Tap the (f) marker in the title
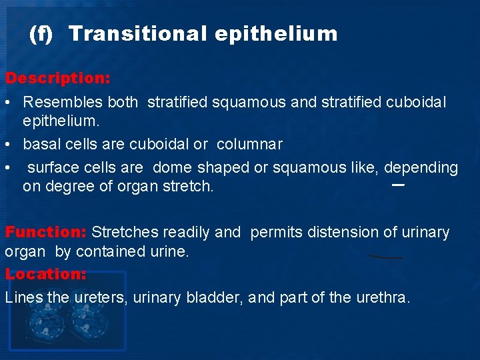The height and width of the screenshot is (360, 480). point(41,34)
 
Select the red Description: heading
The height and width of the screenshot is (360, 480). point(58,78)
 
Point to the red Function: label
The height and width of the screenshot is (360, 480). point(46,233)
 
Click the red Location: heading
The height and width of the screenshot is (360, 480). point(45,274)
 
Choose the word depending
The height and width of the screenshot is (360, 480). point(421,168)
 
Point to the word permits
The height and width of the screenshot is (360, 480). point(274,233)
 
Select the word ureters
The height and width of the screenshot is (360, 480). point(100,298)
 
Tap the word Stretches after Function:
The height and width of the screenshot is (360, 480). point(124,233)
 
